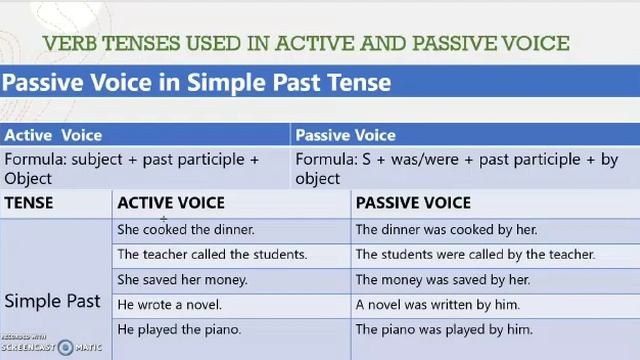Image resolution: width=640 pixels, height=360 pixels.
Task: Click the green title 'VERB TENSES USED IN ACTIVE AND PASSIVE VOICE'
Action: [306, 43]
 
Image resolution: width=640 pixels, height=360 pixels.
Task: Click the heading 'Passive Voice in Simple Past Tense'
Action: [196, 82]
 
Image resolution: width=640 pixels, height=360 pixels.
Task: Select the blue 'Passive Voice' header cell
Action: [345, 135]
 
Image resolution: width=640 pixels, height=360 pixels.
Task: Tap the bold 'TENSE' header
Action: [29, 203]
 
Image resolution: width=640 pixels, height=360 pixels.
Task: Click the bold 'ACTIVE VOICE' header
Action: [171, 203]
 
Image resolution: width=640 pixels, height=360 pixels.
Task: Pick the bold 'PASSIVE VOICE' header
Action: [413, 203]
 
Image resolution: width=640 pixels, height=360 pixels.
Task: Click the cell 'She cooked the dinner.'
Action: [186, 230]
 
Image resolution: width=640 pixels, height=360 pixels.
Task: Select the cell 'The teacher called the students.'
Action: [212, 255]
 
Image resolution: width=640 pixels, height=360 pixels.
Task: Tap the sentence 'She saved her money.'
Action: [182, 280]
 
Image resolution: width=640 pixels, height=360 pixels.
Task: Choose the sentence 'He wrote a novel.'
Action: [169, 305]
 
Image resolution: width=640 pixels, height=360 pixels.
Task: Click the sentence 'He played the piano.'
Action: [179, 329]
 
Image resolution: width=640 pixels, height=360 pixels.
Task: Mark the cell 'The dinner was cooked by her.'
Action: [446, 230]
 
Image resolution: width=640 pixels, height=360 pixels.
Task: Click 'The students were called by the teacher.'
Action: [475, 255]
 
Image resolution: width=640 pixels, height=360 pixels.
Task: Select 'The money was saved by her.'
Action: [442, 280]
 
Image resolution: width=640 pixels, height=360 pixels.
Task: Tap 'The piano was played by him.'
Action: [444, 329]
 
